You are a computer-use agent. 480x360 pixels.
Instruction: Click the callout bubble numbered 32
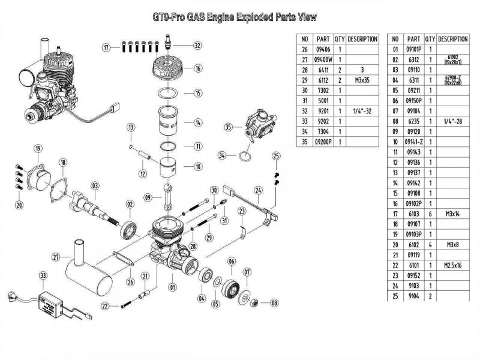[197, 45]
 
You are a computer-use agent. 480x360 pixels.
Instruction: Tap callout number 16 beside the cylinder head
[197, 69]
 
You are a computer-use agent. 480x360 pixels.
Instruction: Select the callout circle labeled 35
[228, 127]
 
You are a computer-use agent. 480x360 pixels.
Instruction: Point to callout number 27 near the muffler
[56, 257]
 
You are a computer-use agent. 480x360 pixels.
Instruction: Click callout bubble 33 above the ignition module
[43, 275]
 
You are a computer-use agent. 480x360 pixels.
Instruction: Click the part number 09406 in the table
[324, 49]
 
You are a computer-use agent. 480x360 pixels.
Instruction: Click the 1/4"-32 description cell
[362, 112]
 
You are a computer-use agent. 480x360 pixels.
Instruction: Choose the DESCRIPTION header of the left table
[362, 39]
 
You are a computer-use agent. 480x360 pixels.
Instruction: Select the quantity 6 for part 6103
[431, 213]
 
